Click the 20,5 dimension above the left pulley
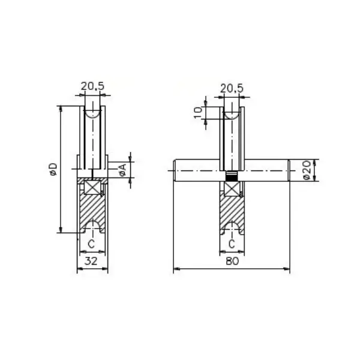coord(92,86)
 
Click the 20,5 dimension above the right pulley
coord(232,88)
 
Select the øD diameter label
coord(53,169)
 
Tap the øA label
coord(123,170)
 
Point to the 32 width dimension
coord(91,261)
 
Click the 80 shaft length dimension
coord(232,261)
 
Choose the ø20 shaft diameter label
coord(307,170)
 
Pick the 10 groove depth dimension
coord(198,113)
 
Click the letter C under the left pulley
coord(91,244)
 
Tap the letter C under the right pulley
coord(232,244)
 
